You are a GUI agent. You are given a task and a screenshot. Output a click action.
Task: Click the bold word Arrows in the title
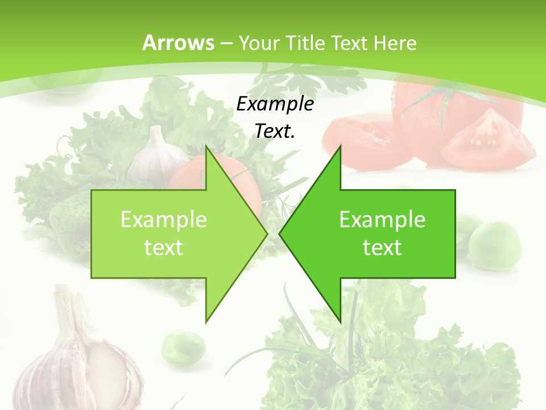click(179, 43)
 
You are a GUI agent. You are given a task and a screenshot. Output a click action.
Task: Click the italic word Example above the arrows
click(275, 104)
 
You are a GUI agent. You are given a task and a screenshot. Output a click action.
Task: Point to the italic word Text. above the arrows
click(275, 131)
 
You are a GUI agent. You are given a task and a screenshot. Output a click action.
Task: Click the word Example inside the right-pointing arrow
click(164, 220)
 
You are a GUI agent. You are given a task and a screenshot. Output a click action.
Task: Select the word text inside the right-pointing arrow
click(164, 247)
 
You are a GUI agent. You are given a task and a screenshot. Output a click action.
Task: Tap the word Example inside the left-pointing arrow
click(382, 220)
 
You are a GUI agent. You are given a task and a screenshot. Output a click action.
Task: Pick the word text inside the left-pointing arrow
click(382, 247)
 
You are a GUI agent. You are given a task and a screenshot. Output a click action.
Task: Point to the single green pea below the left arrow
click(183, 346)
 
